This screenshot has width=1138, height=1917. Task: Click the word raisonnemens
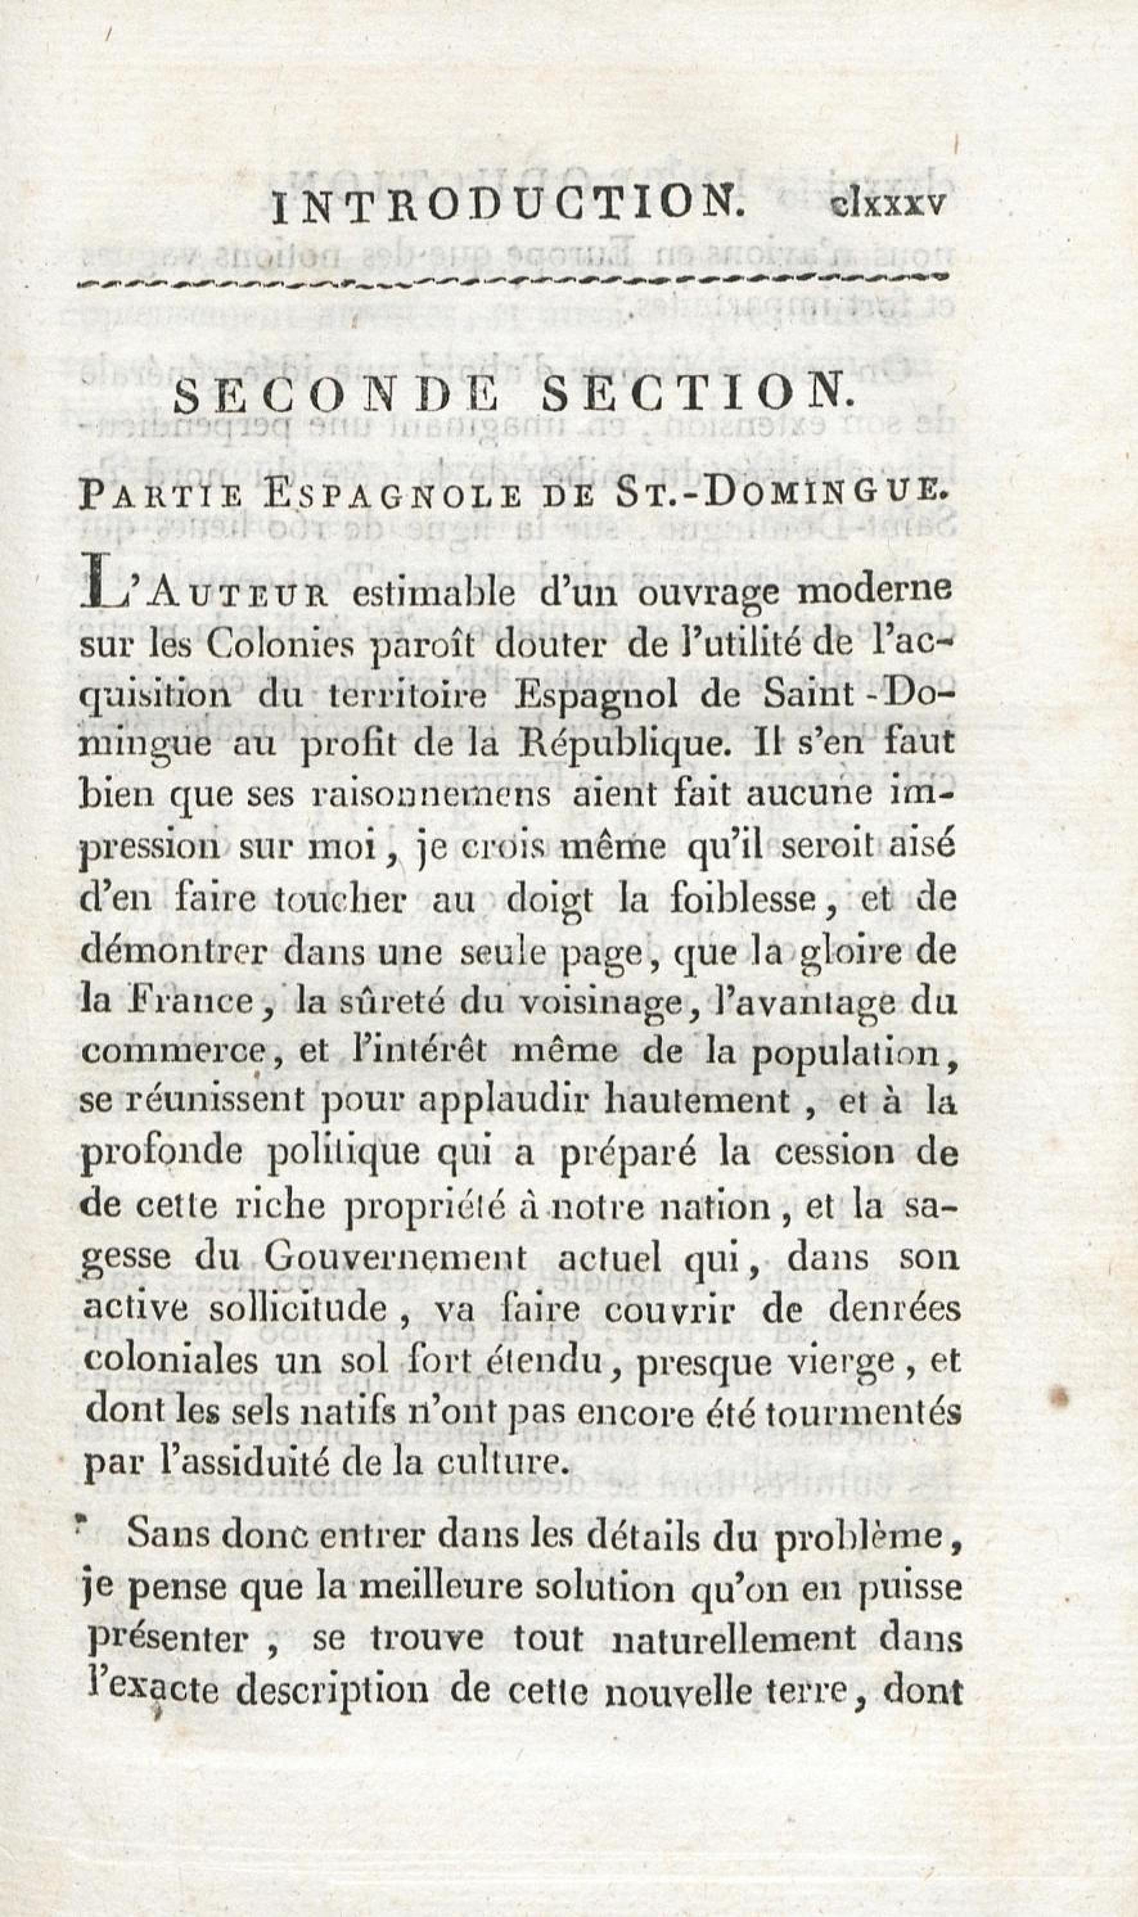click(x=429, y=797)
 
